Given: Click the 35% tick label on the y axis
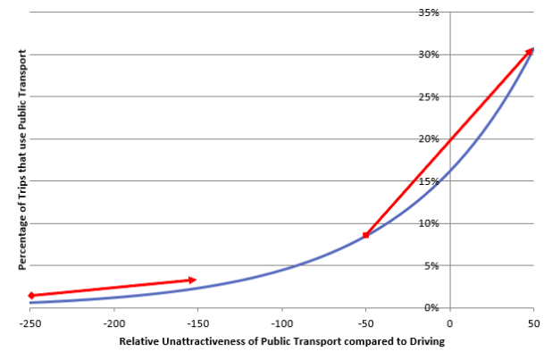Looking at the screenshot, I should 431,13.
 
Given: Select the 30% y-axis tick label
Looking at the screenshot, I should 431,54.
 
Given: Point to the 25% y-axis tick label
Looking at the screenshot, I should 431,96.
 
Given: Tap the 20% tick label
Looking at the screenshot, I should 431,138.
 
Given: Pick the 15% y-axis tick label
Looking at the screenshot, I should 431,181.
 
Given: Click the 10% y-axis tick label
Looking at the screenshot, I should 431,223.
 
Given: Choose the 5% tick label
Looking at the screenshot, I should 434,265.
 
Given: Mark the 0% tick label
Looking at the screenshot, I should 434,307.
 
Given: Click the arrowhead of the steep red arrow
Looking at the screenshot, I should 531,51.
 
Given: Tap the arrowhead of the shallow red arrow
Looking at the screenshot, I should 191,280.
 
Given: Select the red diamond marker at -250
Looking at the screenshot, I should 31,295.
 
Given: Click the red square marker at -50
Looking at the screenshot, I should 366,235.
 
